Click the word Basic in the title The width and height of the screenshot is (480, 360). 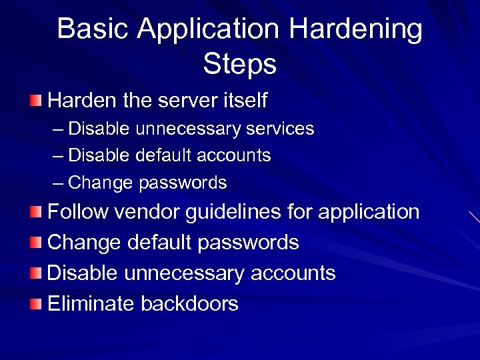(87, 30)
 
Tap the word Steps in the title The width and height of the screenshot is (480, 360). (239, 65)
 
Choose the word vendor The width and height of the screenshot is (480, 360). (150, 213)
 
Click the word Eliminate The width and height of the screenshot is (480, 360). (91, 304)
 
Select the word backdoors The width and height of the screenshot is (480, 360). (189, 304)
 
